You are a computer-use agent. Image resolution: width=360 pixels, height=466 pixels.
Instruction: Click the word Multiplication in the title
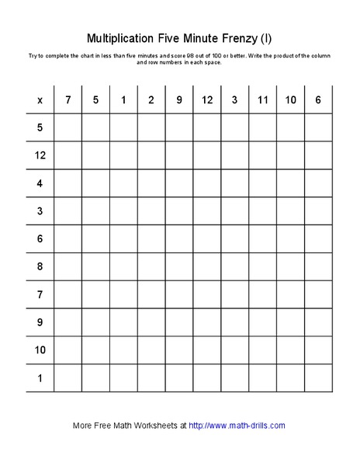tap(123, 38)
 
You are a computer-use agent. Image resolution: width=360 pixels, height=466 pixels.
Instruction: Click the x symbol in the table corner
tap(40, 100)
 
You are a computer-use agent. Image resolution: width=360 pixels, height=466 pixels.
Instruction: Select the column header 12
tap(207, 100)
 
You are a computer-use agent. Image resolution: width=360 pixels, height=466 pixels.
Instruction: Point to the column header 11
tap(263, 100)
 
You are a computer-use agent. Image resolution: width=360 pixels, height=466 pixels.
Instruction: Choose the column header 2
tap(151, 100)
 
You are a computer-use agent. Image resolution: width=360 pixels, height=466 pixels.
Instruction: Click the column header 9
tap(179, 100)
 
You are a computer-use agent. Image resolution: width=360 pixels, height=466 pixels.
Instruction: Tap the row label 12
tap(40, 155)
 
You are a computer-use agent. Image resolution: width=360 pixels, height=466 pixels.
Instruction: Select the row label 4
tap(40, 183)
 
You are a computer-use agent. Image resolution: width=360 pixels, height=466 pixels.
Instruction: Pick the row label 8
tap(40, 267)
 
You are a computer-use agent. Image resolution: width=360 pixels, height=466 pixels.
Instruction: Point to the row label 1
tap(40, 378)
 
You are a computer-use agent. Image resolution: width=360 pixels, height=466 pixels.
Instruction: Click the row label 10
tap(40, 350)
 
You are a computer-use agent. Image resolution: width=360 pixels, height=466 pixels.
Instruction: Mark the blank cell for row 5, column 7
tap(68, 127)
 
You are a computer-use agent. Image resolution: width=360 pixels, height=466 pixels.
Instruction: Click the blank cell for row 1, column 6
tap(318, 378)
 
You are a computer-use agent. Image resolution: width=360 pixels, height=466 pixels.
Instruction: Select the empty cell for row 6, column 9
tap(179, 239)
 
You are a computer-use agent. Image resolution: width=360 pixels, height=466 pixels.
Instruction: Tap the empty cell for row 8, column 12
tap(207, 267)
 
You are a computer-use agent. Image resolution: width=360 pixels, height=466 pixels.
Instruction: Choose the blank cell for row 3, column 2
tap(151, 211)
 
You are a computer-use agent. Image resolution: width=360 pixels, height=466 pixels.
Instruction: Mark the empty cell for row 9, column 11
tap(263, 322)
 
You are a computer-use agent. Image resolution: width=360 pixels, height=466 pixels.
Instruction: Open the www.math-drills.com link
tap(237, 426)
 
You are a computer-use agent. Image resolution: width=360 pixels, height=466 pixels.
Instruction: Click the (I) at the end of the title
tap(266, 38)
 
